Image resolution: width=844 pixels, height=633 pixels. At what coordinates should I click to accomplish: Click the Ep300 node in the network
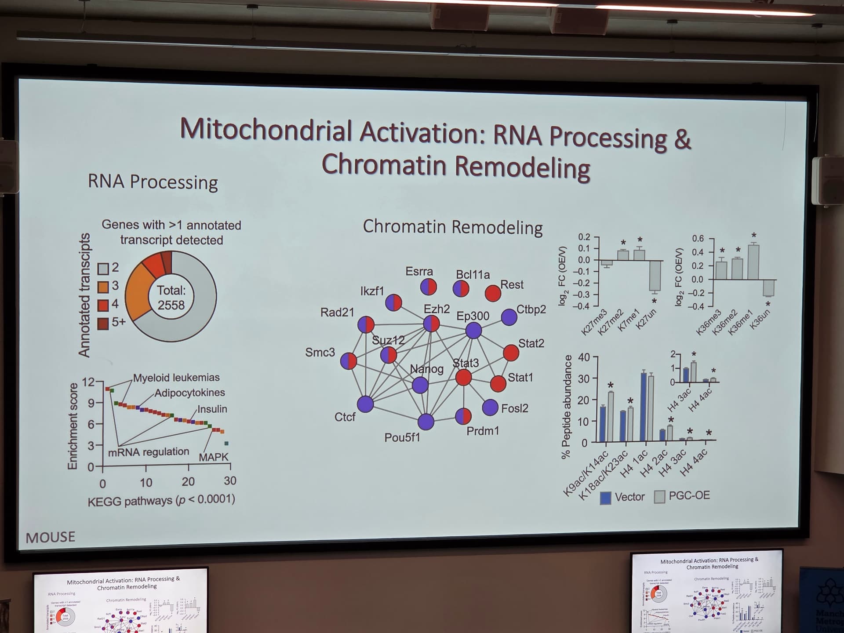tap(473, 330)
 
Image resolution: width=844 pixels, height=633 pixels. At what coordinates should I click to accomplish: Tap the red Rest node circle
tap(493, 293)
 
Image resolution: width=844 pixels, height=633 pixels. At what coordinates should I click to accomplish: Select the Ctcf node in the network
tap(365, 404)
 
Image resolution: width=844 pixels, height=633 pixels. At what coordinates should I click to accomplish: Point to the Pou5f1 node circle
tap(426, 422)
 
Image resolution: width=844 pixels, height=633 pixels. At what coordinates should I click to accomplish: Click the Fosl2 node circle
tap(490, 407)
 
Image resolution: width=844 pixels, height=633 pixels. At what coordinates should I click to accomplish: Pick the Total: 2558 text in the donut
tap(171, 298)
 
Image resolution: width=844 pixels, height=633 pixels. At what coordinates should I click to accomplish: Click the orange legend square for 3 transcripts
tap(103, 287)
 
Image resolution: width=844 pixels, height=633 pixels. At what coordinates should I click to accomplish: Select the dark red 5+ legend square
tap(103, 323)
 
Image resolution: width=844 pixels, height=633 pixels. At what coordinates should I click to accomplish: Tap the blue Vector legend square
tap(605, 498)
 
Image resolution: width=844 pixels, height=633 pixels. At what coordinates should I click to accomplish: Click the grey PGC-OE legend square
tap(659, 497)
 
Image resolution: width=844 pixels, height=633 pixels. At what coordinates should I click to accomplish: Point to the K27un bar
tap(655, 275)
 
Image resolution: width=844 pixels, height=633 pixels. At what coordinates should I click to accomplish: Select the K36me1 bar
tap(753, 262)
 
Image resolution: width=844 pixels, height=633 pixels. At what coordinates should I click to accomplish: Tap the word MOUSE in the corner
tap(51, 537)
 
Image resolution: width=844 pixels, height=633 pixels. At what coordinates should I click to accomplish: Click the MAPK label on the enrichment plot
tap(214, 457)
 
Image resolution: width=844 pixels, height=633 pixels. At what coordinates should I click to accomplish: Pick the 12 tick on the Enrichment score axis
tap(88, 382)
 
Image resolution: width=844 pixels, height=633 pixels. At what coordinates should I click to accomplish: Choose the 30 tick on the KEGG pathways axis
tap(230, 481)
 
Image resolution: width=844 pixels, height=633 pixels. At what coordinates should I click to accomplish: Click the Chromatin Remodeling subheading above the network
tap(452, 227)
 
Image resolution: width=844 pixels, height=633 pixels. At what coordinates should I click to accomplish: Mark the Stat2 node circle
tap(510, 353)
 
